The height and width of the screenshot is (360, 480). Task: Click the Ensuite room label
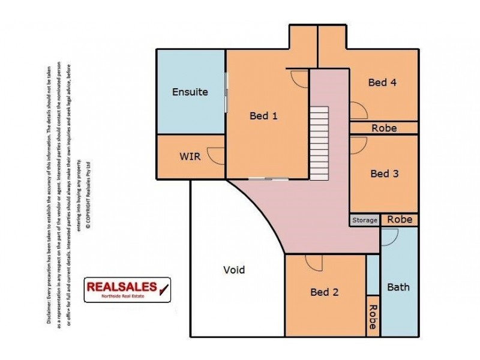point(190,92)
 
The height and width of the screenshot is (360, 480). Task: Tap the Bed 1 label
point(263,116)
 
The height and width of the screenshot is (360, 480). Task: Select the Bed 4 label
point(382,83)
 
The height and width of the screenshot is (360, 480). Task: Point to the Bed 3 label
point(385,173)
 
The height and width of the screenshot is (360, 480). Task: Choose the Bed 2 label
point(325,292)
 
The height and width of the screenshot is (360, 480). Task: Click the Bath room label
point(398,287)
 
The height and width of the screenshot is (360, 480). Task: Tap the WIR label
point(190,157)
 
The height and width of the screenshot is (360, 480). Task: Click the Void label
point(233,269)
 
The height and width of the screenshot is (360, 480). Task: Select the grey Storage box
point(365,220)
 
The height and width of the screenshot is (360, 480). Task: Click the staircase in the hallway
point(320,143)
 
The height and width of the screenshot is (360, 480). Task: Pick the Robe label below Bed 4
point(384,128)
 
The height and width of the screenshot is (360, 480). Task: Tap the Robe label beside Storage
point(400,220)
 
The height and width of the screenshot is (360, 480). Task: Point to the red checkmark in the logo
point(163,288)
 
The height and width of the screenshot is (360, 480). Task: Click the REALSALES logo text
point(122,287)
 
